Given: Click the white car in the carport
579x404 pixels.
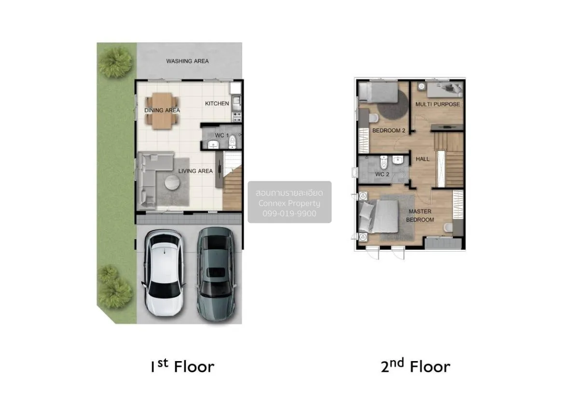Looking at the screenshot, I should click(x=165, y=272).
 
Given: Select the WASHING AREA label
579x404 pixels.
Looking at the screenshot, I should click(x=187, y=61).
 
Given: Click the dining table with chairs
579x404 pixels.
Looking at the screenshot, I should click(x=162, y=111).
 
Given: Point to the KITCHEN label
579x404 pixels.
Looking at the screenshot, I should click(x=217, y=104).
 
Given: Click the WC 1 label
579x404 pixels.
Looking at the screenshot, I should click(x=221, y=135).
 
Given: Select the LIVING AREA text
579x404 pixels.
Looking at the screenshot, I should click(x=195, y=171).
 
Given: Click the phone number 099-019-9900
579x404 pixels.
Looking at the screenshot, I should click(x=289, y=213).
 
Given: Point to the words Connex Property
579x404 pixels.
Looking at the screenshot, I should click(x=289, y=203).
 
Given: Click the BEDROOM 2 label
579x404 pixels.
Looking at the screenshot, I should click(x=388, y=131).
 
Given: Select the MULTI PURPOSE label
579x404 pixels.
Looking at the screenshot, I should click(x=438, y=104).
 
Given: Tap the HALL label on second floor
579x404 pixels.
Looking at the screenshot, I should click(x=423, y=159).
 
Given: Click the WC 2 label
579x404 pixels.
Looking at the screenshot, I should click(x=382, y=175).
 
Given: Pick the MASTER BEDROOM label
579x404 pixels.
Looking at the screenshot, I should click(x=420, y=215).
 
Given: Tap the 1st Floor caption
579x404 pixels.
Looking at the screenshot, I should click(x=182, y=367).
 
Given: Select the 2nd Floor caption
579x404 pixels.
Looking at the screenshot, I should click(x=415, y=367).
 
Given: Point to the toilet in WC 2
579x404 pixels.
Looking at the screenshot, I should click(x=384, y=162).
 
